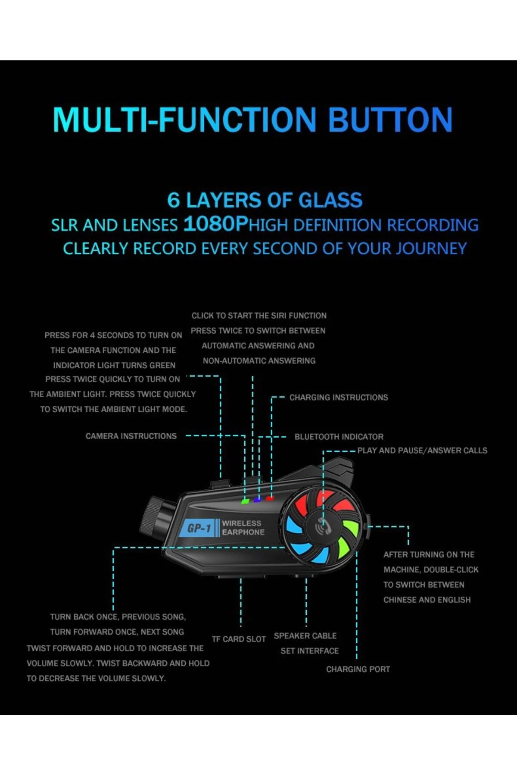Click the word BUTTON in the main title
point(390,119)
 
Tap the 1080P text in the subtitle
point(216,224)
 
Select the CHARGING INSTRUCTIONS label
point(339,397)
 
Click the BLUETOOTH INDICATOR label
point(339,437)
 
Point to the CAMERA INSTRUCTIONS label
point(131,436)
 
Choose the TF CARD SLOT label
point(239,639)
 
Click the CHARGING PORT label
point(358,669)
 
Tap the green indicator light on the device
point(245,501)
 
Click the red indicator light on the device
point(270,498)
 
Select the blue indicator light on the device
point(257,500)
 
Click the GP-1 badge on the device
point(199,528)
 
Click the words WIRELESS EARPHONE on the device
point(243,528)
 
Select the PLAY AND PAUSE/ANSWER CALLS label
point(422,451)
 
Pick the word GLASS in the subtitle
point(330,200)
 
